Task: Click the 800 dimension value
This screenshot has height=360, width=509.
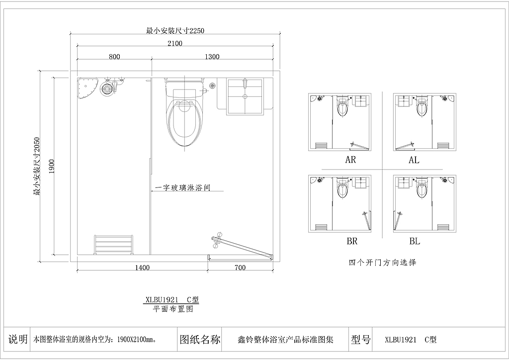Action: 114,57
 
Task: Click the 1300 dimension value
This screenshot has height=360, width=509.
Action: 212,57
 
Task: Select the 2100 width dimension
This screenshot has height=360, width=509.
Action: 175,43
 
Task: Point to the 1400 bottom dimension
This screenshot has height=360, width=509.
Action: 142,268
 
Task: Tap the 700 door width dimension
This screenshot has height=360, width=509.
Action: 240,268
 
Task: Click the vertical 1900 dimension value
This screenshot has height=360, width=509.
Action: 52,167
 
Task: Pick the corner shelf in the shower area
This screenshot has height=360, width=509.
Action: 86,89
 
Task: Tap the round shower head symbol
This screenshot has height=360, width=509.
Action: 106,89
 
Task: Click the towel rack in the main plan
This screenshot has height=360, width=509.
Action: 114,245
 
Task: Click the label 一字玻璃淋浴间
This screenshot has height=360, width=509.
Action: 182,187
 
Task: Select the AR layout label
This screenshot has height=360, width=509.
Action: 350,160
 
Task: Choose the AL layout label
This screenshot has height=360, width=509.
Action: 414,160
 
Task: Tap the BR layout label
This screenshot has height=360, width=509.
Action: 352,241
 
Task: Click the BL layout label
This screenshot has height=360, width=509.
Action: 415,241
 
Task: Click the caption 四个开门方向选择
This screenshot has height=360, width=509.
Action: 382,262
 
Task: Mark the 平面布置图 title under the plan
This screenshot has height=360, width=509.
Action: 173,309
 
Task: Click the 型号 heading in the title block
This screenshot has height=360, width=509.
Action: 361,340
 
